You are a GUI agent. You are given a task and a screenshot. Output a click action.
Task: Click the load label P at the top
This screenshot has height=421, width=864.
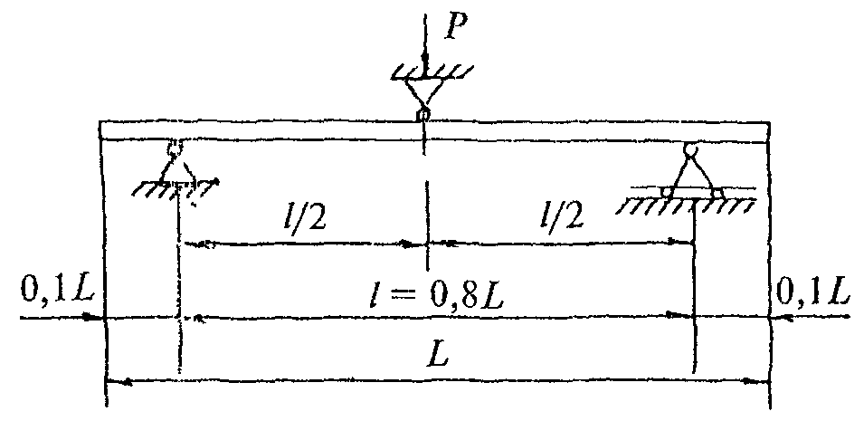(x=460, y=28)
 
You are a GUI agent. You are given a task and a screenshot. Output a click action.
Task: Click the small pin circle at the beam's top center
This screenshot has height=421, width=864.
(x=423, y=114)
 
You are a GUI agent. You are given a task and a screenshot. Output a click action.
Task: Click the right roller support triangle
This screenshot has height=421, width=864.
(x=692, y=172)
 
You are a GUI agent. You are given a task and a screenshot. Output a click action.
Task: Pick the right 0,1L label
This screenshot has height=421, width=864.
(x=812, y=293)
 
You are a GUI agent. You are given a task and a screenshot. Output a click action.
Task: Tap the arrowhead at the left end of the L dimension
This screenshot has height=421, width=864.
(x=117, y=382)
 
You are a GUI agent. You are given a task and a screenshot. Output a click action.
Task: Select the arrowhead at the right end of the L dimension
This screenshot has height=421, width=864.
(x=761, y=382)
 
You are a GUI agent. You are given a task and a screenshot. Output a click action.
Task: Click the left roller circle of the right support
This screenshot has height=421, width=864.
(x=668, y=191)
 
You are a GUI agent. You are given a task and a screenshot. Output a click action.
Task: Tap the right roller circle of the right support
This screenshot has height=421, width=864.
(x=717, y=191)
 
